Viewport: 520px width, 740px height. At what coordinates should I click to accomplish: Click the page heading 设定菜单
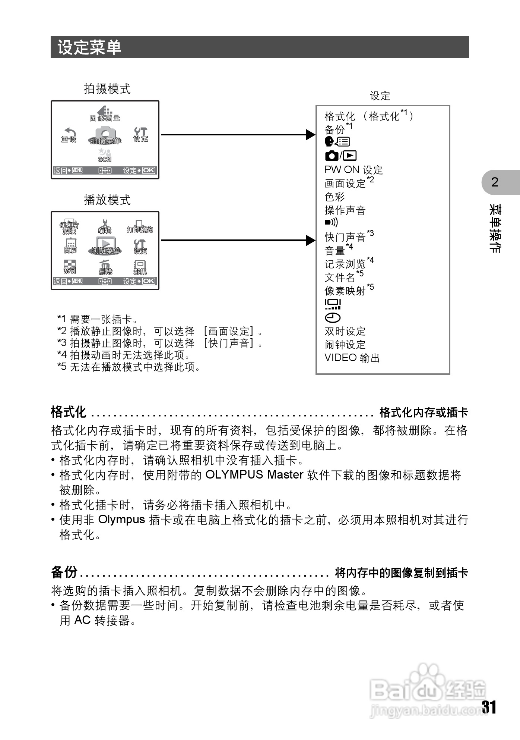coord(89,47)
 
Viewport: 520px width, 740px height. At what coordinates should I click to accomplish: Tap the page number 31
coord(489,707)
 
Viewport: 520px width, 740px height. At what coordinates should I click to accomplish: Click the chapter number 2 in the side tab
coord(495,182)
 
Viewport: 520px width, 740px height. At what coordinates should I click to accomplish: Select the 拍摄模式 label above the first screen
coord(107,89)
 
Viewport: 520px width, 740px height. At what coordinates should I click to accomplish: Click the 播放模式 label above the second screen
coord(107,200)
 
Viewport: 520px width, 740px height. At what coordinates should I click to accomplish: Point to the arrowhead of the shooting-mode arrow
coord(311,135)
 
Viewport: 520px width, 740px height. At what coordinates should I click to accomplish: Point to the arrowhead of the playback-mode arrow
coord(311,241)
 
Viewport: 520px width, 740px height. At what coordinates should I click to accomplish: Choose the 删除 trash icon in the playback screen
coord(105,267)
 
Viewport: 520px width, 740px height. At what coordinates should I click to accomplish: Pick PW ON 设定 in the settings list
coord(353,170)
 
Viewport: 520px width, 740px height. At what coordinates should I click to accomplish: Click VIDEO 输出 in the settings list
coord(352,358)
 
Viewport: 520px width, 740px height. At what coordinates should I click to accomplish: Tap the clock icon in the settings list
coord(332,318)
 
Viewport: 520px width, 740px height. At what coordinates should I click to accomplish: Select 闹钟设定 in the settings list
coord(345,345)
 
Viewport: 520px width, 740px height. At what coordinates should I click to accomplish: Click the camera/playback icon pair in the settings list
coord(340,156)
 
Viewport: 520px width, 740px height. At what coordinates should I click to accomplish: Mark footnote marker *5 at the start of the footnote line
coord(62,367)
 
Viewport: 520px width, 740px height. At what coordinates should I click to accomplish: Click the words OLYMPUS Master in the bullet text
coord(254,475)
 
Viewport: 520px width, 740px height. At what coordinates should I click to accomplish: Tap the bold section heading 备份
coord(64,572)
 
